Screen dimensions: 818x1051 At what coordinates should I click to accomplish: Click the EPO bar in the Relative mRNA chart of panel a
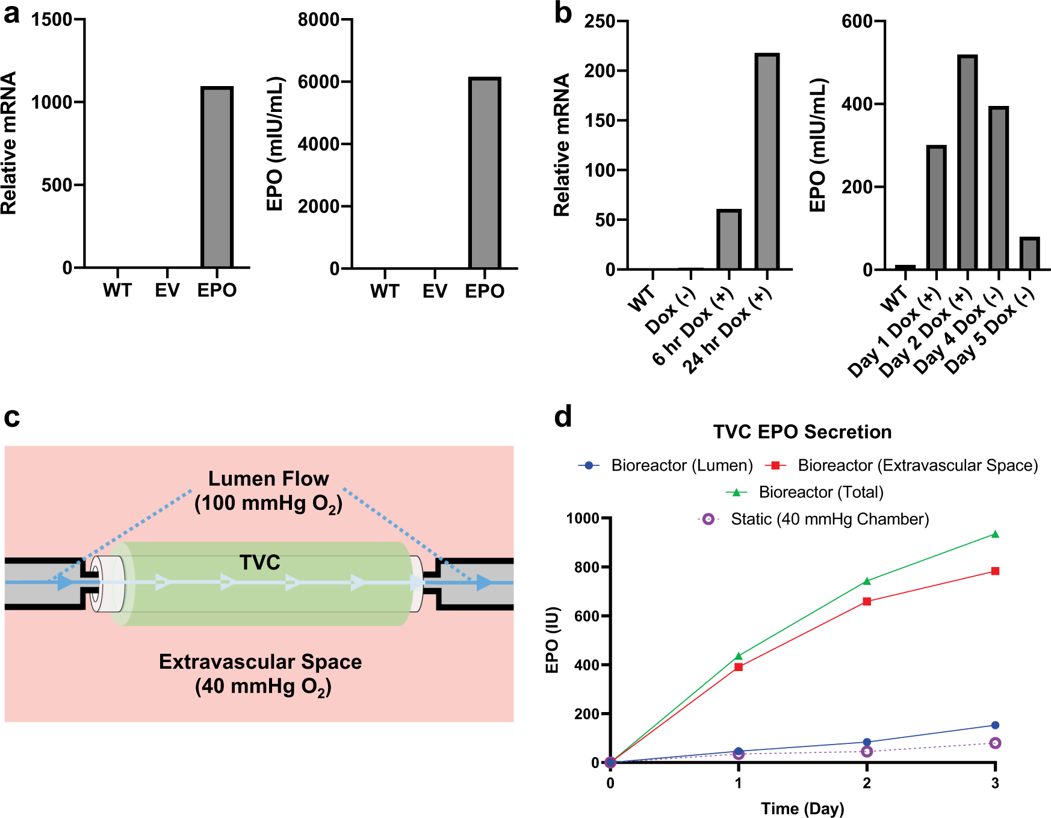pyautogui.click(x=217, y=178)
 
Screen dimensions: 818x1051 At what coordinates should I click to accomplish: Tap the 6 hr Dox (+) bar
pyautogui.click(x=728, y=240)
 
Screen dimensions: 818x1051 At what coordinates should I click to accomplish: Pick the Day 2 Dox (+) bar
pyautogui.click(x=967, y=163)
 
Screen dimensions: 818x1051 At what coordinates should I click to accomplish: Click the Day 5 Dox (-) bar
pyautogui.click(x=1029, y=253)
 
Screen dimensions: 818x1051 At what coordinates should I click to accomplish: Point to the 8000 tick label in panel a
pyautogui.click(x=318, y=20)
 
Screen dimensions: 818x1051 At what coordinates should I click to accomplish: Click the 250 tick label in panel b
pyautogui.click(x=600, y=22)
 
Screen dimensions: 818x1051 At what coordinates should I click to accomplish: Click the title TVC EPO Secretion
pyautogui.click(x=802, y=432)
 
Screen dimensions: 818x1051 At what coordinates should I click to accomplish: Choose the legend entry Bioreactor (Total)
pyautogui.click(x=820, y=492)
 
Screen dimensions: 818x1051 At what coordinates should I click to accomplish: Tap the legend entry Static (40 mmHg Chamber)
pyautogui.click(x=829, y=519)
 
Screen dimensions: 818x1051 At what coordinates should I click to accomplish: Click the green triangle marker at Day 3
pyautogui.click(x=995, y=534)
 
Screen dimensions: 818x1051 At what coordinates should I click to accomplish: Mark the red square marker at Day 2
pyautogui.click(x=867, y=601)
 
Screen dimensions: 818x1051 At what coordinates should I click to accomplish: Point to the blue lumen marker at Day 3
pyautogui.click(x=995, y=725)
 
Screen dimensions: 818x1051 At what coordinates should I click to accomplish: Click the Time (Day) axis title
pyautogui.click(x=802, y=808)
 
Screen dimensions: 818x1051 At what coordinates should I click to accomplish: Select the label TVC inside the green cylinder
pyautogui.click(x=259, y=562)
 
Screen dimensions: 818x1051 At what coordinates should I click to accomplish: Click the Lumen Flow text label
pyautogui.click(x=268, y=479)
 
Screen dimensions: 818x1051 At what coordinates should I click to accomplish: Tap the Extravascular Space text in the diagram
pyautogui.click(x=260, y=662)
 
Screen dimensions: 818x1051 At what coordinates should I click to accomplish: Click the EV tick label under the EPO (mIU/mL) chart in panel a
pyautogui.click(x=435, y=291)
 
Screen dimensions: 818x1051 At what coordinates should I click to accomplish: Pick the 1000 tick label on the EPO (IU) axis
pyautogui.click(x=582, y=518)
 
